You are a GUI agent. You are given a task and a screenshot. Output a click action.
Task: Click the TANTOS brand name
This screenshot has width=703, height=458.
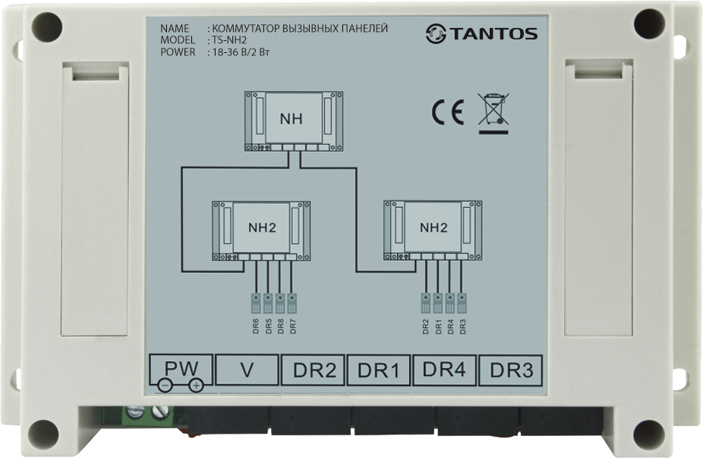coord(493,34)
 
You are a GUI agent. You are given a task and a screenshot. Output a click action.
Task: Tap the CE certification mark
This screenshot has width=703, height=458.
coord(447,112)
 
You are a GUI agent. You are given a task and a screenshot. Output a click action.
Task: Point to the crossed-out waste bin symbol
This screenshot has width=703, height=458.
coord(493,114)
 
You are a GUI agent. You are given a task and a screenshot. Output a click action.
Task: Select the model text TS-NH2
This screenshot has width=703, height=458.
coord(229,40)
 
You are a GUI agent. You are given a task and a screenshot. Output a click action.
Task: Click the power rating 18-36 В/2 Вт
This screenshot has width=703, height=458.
coord(241,52)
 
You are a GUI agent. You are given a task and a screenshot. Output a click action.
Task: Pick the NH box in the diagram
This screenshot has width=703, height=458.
coord(294,121)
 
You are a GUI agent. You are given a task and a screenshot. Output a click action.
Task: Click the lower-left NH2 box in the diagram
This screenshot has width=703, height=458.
coord(261,231)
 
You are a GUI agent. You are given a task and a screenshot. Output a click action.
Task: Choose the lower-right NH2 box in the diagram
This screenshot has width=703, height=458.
coord(433,230)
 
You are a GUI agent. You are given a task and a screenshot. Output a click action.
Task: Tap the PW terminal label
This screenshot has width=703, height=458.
coord(181,368)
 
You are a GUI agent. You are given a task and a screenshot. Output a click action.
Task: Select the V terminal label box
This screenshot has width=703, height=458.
coord(247,370)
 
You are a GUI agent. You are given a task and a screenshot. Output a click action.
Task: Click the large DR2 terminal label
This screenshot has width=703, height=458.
coord(314,370)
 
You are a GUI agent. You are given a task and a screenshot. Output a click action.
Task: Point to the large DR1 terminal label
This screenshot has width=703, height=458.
coord(378,370)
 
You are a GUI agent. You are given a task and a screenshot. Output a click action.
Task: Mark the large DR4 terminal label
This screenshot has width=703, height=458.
coord(444,369)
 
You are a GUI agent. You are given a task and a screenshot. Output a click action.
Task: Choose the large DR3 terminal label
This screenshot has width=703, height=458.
coord(512,370)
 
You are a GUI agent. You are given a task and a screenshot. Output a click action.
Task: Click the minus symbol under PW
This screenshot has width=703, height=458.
coord(165,385)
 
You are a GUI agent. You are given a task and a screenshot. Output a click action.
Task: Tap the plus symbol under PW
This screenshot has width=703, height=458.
coord(196,385)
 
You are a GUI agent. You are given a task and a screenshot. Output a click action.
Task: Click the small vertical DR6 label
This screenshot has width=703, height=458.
coord(256,326)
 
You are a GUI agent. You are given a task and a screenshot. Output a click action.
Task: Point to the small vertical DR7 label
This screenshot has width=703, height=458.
coord(293,326)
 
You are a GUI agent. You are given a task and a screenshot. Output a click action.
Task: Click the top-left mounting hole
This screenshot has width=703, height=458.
coord(47,27)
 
